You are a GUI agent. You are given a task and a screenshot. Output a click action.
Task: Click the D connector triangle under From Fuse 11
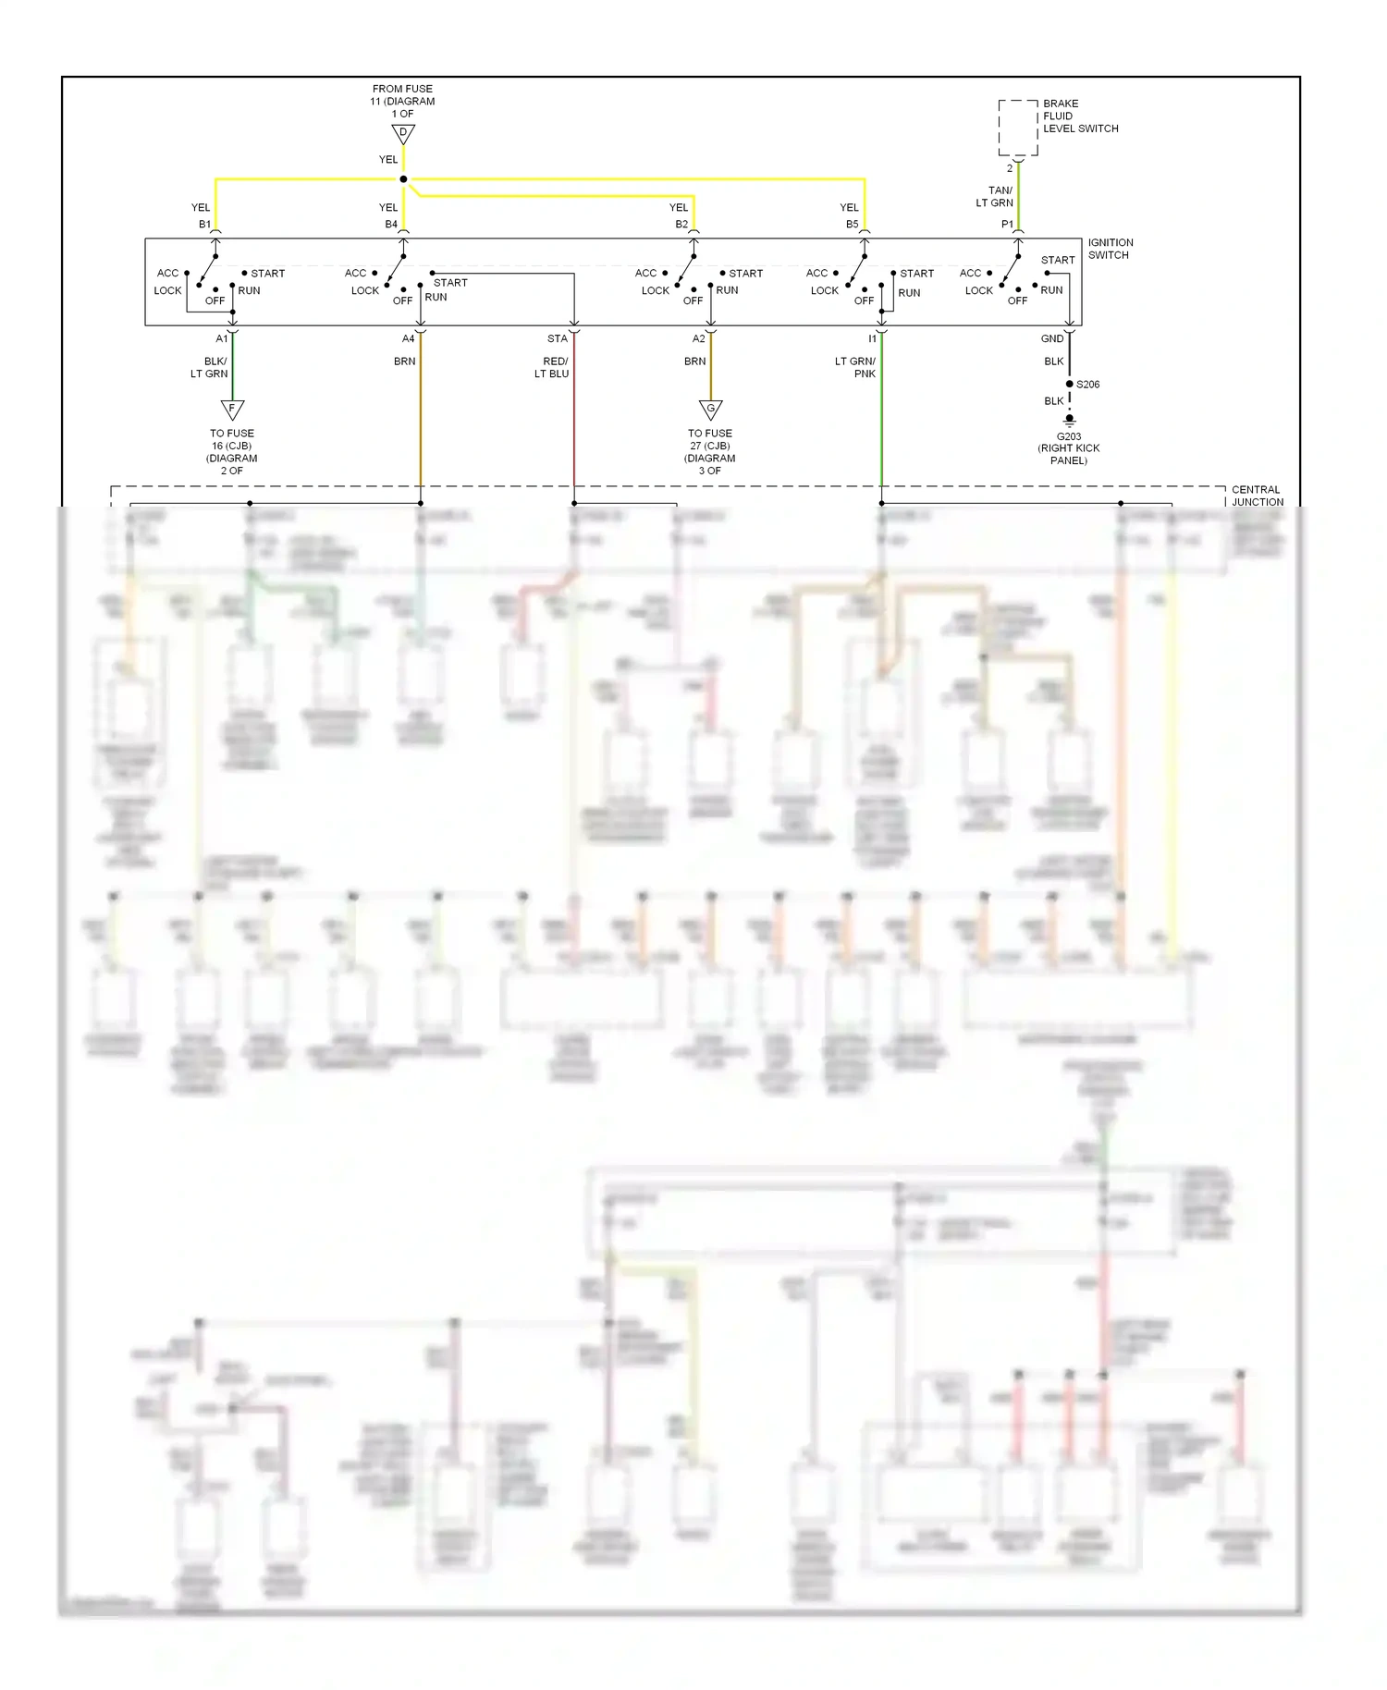403,133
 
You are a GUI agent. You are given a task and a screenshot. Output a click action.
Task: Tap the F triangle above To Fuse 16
232,409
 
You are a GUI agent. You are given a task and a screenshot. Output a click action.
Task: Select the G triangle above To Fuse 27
710,409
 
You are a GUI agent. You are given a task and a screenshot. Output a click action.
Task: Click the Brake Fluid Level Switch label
1080,116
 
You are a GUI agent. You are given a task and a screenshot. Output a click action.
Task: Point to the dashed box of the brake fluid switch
1017,128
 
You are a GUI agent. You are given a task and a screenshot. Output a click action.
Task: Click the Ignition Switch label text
1110,249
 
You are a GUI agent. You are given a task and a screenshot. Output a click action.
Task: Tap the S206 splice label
1088,385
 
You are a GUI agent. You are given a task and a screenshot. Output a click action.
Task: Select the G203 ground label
1069,436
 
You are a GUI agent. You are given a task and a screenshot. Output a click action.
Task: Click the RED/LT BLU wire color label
552,368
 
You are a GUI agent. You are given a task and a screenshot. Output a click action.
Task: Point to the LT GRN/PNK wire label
855,368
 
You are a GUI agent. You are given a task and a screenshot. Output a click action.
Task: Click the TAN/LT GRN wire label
995,197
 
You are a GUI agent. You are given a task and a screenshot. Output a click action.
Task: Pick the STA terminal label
557,339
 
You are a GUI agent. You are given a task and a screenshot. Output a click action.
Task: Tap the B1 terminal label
204,225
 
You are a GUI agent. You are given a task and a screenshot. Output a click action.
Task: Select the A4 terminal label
408,339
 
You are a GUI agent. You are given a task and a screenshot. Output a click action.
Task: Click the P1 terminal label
1007,225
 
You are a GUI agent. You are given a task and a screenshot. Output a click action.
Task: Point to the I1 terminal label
872,339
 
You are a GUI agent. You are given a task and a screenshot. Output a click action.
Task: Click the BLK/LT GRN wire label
210,368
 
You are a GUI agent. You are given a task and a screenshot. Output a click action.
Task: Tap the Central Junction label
1257,496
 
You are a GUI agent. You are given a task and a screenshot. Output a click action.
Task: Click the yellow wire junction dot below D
403,179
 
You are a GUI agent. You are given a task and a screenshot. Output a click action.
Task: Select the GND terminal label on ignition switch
1052,339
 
